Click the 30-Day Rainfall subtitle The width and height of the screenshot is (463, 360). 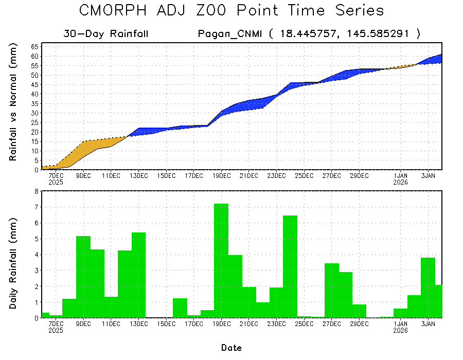106,34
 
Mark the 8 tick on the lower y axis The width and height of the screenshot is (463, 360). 37,191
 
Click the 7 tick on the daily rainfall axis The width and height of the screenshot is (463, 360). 37,207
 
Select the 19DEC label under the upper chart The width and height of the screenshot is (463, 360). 221,175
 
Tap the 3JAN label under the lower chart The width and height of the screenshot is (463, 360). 429,323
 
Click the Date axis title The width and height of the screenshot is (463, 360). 232,348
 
